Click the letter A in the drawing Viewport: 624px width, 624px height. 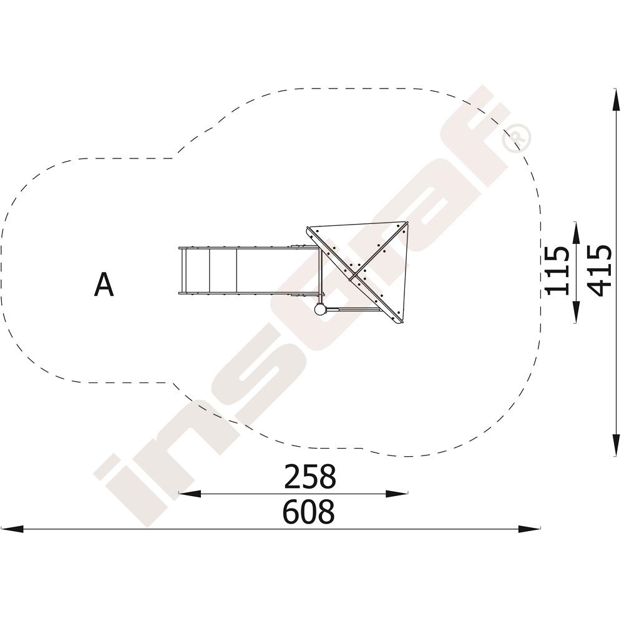coord(104,284)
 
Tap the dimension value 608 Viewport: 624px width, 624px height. coord(309,512)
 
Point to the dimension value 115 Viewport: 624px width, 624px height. coord(557,271)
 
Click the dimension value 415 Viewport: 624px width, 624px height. coord(599,270)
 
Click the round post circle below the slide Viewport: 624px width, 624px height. coord(320,310)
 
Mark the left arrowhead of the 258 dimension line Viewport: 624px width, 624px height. coord(190,494)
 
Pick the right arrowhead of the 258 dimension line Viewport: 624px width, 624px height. coord(397,494)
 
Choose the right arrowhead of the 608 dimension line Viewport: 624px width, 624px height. coord(529,529)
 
